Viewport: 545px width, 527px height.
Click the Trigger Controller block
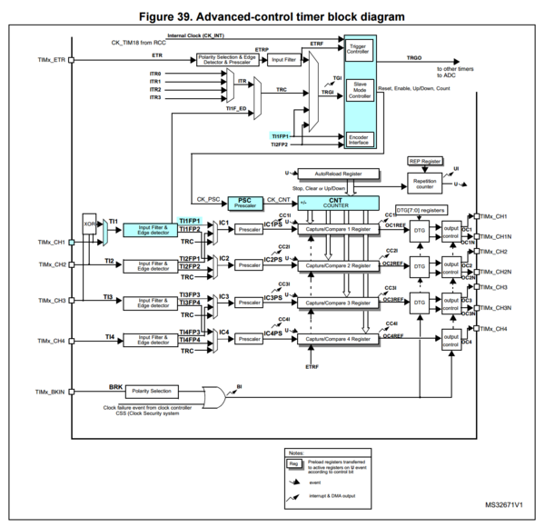point(358,48)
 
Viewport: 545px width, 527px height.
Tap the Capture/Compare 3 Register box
point(338,302)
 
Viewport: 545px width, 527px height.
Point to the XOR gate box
point(88,223)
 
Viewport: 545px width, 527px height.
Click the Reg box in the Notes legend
point(293,463)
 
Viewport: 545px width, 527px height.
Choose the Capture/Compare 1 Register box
point(338,229)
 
